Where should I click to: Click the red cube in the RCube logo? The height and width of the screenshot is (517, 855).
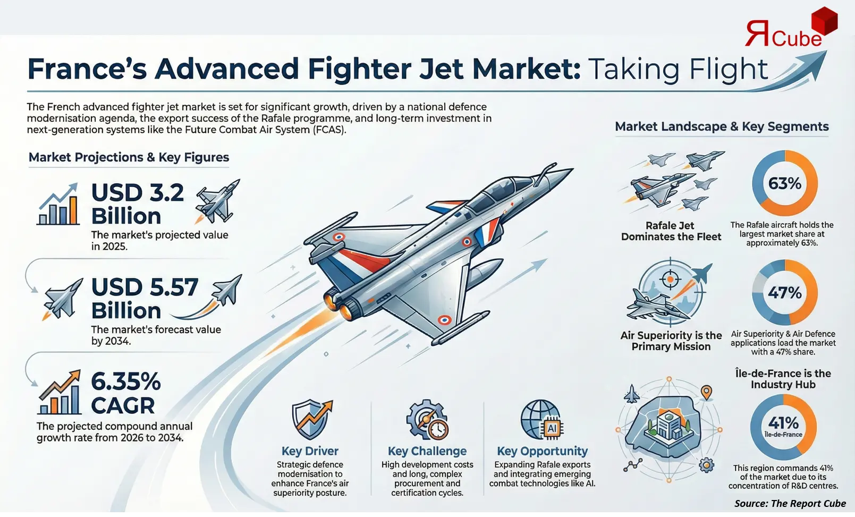point(825,21)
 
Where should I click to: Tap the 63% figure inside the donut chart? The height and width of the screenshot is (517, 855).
point(785,183)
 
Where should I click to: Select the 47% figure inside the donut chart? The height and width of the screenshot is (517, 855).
point(785,292)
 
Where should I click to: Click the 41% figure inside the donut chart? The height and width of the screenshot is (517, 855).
point(783,423)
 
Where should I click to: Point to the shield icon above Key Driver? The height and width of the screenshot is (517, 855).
point(310,420)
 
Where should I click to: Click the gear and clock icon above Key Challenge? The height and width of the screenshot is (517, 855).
point(427,420)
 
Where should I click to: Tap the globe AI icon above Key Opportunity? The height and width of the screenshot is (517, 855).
point(541,420)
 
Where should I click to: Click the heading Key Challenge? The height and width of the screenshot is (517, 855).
point(427,451)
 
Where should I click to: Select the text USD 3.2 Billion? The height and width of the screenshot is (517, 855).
point(138,205)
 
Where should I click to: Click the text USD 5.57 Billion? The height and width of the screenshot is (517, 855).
point(145,299)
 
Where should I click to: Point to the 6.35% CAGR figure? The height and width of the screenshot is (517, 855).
point(125,393)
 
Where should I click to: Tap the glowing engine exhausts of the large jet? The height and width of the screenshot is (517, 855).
point(340,304)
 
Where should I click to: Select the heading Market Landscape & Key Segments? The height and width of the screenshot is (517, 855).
point(722,126)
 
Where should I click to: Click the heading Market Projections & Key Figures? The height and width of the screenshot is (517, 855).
point(129,157)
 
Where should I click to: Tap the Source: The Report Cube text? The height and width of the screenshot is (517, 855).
point(790,503)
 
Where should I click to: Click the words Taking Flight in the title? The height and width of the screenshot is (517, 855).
point(678,69)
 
